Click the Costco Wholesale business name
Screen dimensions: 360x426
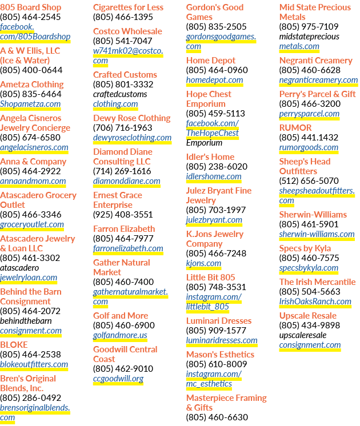[127, 31]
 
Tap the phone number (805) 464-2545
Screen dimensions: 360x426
[30, 17]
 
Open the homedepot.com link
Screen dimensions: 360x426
[214, 80]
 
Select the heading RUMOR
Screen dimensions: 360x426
[295, 128]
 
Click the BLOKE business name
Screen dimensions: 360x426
[14, 345]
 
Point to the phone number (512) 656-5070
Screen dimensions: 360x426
[309, 180]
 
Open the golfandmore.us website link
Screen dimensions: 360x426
[120, 335]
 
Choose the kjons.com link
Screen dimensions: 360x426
[203, 263]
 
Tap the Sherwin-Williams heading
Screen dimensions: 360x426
[313, 215]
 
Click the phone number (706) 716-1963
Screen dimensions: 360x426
[123, 128]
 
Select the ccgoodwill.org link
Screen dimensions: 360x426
[118, 379]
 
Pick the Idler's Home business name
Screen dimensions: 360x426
[210, 157]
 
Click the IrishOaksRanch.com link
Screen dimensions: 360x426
[315, 302]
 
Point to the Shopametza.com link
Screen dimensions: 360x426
[30, 104]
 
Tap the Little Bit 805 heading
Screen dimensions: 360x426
[210, 278]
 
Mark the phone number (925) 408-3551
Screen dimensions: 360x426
[123, 215]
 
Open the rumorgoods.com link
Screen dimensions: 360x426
[309, 147]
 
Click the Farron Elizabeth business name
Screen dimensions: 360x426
[124, 229]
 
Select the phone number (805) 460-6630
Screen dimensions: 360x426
[217, 417]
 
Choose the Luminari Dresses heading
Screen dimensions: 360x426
[219, 321]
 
